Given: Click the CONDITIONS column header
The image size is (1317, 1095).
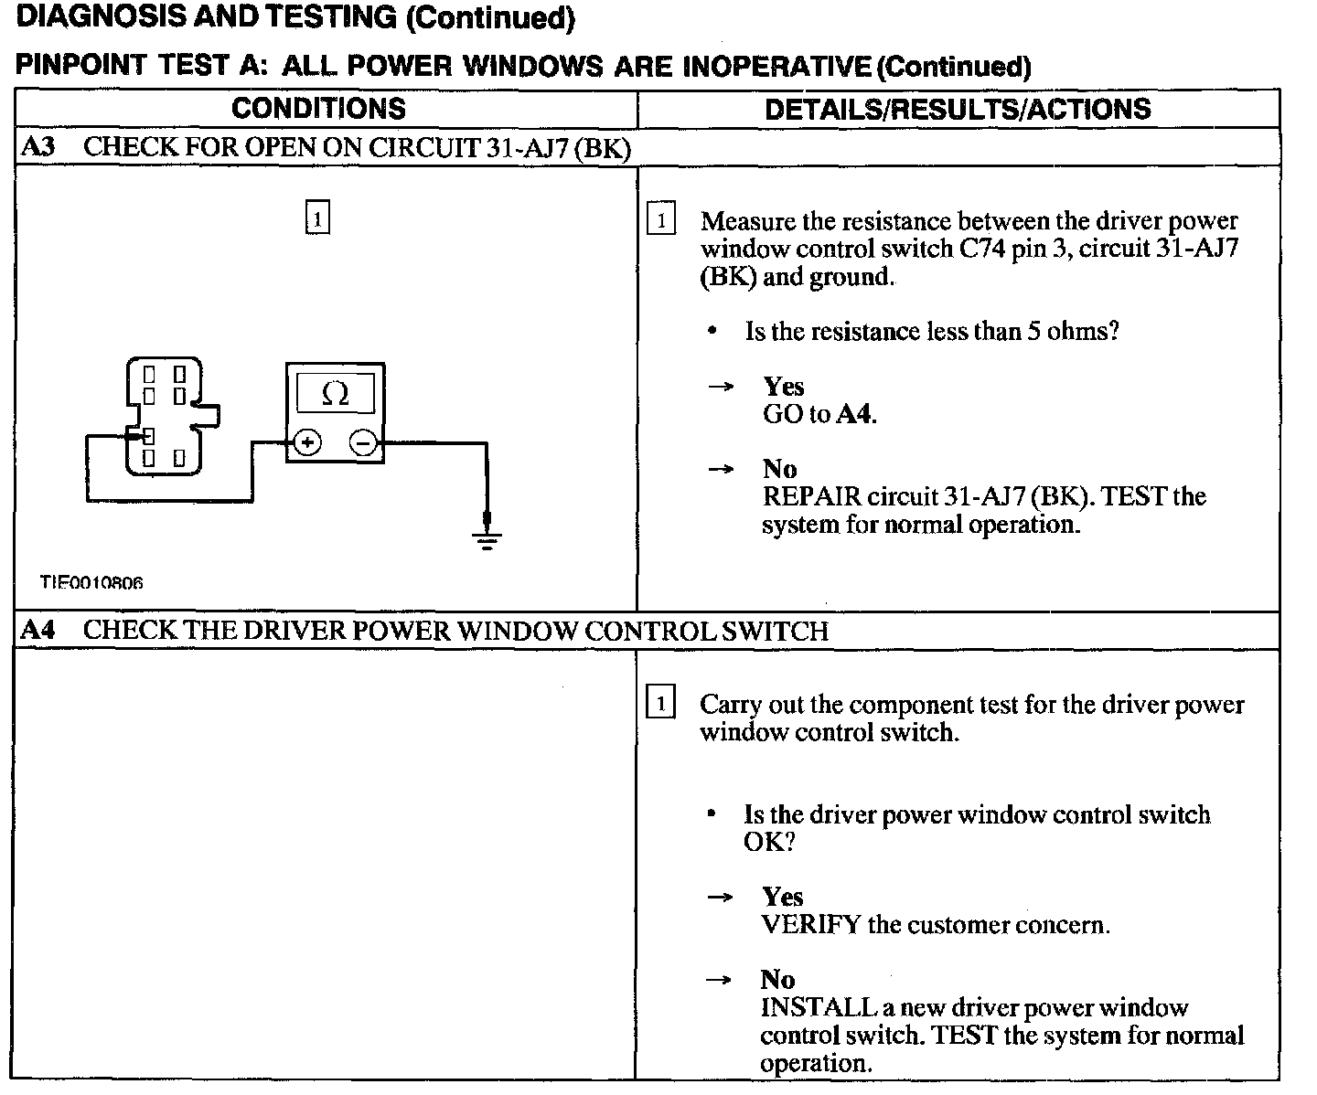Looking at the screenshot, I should click(x=318, y=109).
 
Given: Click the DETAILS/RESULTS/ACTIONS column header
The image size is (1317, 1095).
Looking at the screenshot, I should click(x=958, y=109).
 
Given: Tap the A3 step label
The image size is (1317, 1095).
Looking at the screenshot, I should click(x=37, y=147).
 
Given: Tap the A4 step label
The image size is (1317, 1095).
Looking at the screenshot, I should click(x=37, y=631).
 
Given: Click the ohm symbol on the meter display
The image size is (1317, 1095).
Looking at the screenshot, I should click(x=336, y=395).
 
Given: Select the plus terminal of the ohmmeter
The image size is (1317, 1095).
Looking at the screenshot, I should click(x=307, y=443).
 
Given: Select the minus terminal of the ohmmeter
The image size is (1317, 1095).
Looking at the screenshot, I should click(x=364, y=443).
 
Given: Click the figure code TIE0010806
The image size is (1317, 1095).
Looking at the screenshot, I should click(x=91, y=582).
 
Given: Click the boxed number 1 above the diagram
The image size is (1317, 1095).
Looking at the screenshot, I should click(x=316, y=219).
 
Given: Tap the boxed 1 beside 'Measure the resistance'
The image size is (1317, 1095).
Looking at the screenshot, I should click(x=660, y=220).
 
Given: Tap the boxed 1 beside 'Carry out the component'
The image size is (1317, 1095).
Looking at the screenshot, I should click(x=660, y=703).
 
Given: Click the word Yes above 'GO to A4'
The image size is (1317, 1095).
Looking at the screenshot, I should click(x=783, y=387).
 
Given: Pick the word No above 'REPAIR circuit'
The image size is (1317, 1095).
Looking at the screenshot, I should click(x=779, y=469).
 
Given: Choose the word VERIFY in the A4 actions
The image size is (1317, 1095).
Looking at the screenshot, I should click(x=810, y=925).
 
